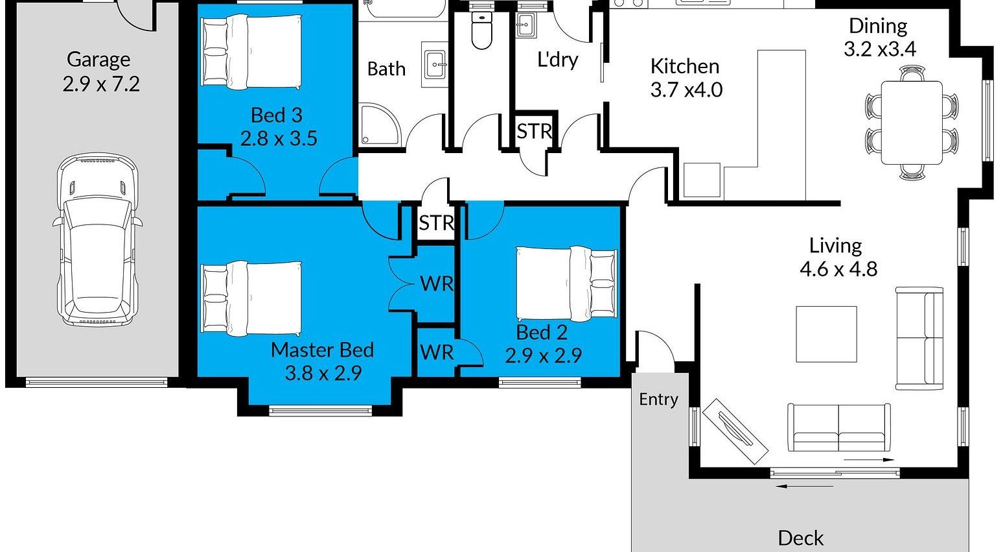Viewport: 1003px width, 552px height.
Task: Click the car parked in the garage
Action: pyautogui.click(x=97, y=239)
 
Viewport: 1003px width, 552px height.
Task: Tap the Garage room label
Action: pyautogui.click(x=98, y=59)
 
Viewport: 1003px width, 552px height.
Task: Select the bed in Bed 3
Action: pyautogui.click(x=251, y=52)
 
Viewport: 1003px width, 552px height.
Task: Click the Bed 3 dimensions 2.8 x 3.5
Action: pyautogui.click(x=279, y=139)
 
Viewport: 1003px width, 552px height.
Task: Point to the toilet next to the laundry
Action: pyautogui.click(x=482, y=30)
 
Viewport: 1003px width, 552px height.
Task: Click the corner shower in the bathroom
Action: pyautogui.click(x=379, y=125)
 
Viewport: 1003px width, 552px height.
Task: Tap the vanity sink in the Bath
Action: pyautogui.click(x=434, y=65)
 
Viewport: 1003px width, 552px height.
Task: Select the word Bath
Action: pyautogui.click(x=386, y=69)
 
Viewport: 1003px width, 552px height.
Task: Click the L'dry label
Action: pyautogui.click(x=557, y=60)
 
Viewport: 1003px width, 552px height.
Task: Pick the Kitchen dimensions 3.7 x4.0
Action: pyautogui.click(x=686, y=90)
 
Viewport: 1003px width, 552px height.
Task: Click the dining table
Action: pyautogui.click(x=912, y=123)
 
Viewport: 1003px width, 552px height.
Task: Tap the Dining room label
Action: pyautogui.click(x=878, y=26)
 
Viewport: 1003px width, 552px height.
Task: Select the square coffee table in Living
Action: pyautogui.click(x=826, y=334)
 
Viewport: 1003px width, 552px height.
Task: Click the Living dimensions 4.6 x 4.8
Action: pyautogui.click(x=838, y=269)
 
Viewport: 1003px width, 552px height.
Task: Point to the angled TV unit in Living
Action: pyautogui.click(x=735, y=431)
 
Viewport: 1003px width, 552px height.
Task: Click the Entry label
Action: pyautogui.click(x=658, y=399)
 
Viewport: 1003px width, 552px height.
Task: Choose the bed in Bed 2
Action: pyautogui.click(x=566, y=284)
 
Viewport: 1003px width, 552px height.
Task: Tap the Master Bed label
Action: pyautogui.click(x=322, y=350)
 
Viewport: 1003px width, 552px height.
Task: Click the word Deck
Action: pyautogui.click(x=801, y=538)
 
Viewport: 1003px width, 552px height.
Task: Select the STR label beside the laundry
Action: pyautogui.click(x=535, y=132)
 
